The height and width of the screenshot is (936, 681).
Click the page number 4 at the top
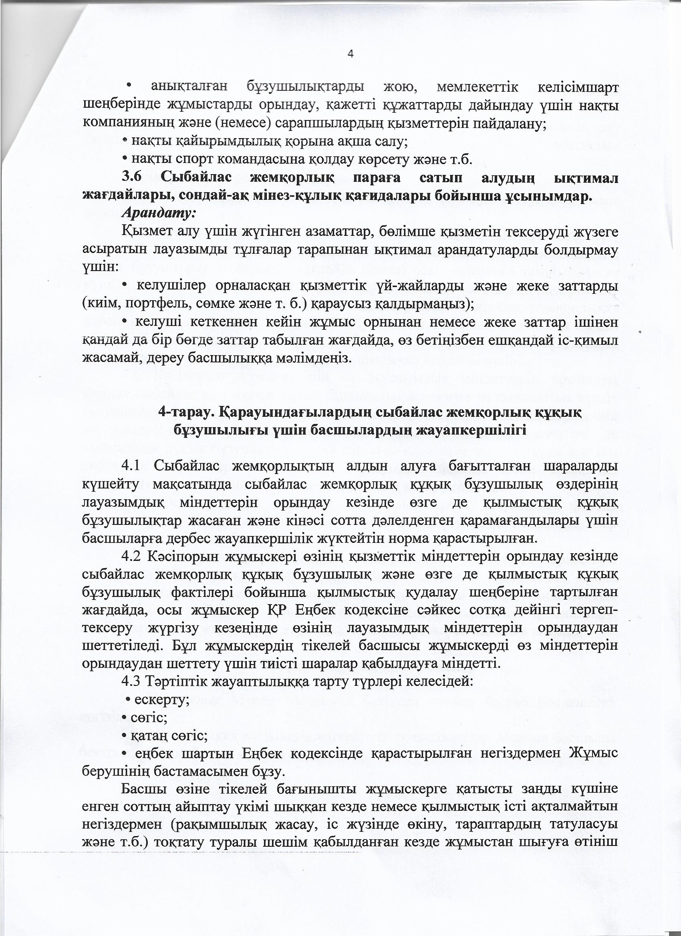tap(351, 54)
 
